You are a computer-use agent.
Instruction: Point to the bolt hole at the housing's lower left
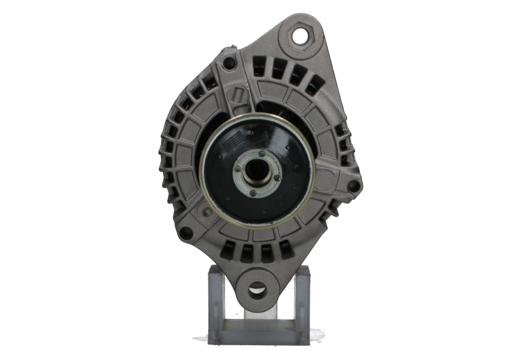click(x=186, y=232)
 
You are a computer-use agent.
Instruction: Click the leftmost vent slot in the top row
click(x=259, y=65)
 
